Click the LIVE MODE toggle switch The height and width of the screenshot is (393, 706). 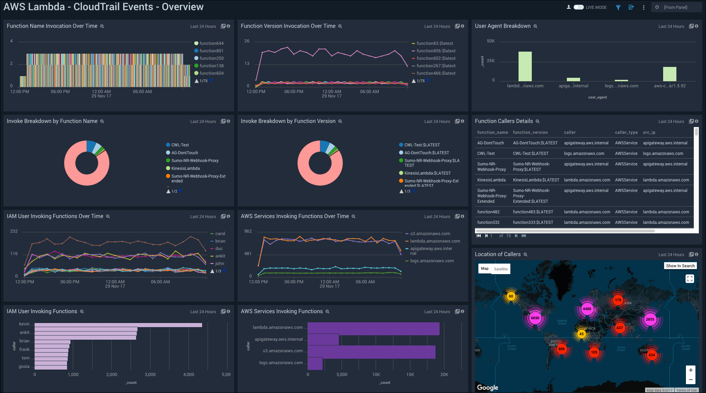coord(578,7)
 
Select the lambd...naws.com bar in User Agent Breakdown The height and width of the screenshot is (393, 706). coord(525,66)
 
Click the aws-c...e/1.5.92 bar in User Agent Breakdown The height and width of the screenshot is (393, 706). coord(670,74)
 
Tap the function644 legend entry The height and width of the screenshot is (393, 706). coord(211,43)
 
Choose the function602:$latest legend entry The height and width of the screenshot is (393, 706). coord(436,58)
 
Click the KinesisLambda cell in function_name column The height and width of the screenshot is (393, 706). coord(491,180)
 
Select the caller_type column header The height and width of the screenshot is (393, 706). coord(626,132)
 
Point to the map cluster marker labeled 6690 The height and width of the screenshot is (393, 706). coord(535,318)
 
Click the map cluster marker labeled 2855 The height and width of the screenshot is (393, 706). coord(650,319)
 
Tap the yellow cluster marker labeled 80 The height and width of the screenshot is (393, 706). coord(511,296)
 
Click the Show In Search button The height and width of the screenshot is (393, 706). coord(680,266)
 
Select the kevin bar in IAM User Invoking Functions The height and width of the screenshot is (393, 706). coord(118,325)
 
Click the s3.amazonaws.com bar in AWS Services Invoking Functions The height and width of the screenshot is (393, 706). coord(371,352)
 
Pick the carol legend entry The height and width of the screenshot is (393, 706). coord(220,234)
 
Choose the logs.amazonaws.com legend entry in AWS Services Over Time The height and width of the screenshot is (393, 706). coord(432,261)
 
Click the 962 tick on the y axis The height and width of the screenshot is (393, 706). coord(248,231)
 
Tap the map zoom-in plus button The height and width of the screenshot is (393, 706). coord(690,370)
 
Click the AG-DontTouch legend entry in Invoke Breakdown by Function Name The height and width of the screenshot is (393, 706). coord(184,153)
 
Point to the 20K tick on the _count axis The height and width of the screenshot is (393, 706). coord(444,375)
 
